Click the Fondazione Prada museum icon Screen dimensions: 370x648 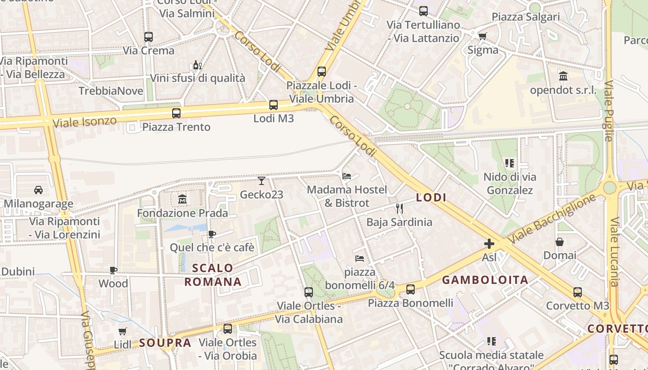click(x=182, y=199)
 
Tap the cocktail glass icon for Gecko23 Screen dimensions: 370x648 click(x=262, y=181)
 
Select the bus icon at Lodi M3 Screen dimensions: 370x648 click(x=274, y=105)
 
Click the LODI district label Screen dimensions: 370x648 click(x=431, y=197)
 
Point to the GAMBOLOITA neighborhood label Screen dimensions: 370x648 click(x=485, y=280)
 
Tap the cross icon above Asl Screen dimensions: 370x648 click(x=489, y=244)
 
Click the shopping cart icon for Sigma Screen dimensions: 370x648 click(x=482, y=36)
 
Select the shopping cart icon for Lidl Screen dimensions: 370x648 click(x=122, y=331)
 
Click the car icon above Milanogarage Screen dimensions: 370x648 click(x=38, y=190)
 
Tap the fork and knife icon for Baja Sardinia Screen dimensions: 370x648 click(x=399, y=209)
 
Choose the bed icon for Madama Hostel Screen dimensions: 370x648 click(x=347, y=176)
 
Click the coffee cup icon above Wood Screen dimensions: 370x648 click(x=113, y=270)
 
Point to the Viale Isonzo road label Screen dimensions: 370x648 click(x=84, y=122)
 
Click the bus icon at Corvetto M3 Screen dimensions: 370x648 click(x=578, y=292)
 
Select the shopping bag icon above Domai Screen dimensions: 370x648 click(x=560, y=242)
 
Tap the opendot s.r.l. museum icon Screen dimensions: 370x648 click(x=563, y=76)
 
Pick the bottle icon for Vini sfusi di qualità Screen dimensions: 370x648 click(x=197, y=65)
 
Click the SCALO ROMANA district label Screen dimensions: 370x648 click(x=213, y=275)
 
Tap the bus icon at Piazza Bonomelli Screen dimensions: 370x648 click(x=411, y=290)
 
